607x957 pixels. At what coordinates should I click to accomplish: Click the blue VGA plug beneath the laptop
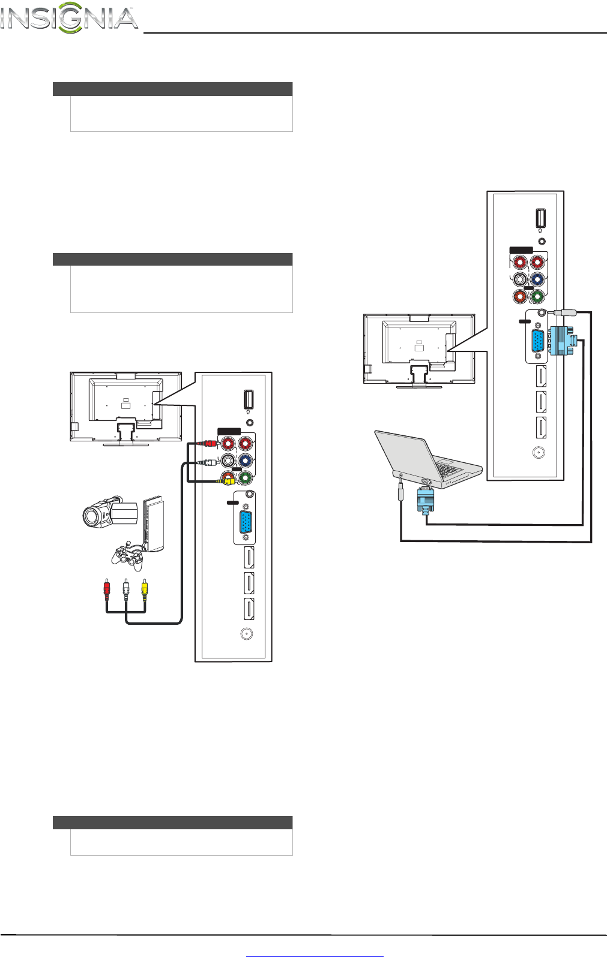[x=425, y=500]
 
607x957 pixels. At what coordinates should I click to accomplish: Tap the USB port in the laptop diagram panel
[x=540, y=217]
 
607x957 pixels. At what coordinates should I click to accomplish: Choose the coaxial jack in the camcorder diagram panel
[x=245, y=633]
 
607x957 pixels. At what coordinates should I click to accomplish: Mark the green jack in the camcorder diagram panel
[x=245, y=478]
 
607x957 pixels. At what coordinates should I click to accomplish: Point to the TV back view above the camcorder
[x=125, y=408]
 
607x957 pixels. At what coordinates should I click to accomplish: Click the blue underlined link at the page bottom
[x=315, y=953]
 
